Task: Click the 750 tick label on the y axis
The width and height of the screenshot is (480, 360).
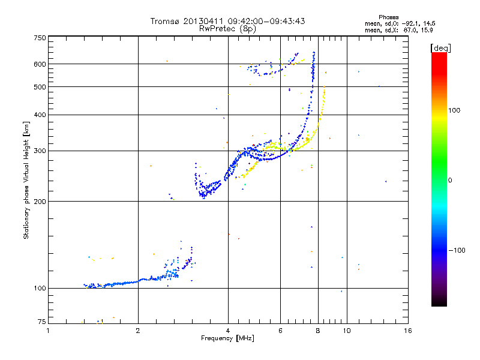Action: click(40, 38)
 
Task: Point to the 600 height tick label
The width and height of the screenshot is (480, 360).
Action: click(40, 64)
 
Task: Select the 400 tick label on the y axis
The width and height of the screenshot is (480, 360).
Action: click(40, 115)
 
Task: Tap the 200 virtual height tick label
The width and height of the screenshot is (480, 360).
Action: click(40, 202)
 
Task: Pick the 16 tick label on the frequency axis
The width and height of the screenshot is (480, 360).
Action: click(408, 331)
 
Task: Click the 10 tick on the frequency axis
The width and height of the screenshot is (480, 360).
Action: click(347, 331)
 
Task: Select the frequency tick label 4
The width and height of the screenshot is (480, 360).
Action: click(228, 331)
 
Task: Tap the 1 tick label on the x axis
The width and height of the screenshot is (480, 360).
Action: click(49, 331)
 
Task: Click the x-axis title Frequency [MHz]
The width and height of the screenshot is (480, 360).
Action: click(228, 339)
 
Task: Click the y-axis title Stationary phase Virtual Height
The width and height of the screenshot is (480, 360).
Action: click(26, 180)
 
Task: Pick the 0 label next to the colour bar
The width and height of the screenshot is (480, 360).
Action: click(450, 180)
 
